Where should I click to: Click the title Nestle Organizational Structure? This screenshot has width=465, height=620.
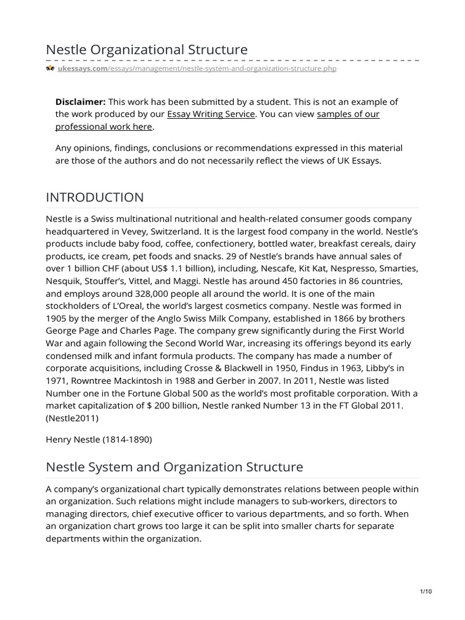coord(147,49)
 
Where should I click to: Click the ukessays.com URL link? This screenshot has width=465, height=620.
coord(191,69)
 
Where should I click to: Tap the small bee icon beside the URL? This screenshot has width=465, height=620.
coord(50,69)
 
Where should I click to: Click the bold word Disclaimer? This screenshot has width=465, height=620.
coord(81,102)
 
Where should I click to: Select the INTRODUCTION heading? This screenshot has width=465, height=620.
coord(95,197)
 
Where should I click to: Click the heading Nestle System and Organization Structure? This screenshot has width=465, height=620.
coord(174,467)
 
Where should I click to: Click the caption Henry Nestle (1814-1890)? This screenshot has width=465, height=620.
coord(99,440)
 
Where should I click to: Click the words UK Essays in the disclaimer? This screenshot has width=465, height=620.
coord(360,160)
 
